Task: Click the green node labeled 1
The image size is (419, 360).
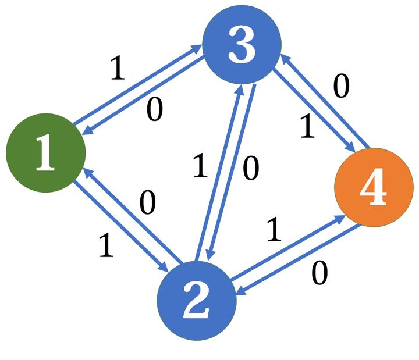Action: (x=45, y=153)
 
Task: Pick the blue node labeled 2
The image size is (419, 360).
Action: (x=197, y=301)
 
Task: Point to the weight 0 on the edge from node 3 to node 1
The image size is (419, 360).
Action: (x=154, y=110)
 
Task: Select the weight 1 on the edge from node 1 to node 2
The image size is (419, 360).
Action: (x=106, y=247)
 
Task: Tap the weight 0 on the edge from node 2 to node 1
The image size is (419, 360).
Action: (x=148, y=204)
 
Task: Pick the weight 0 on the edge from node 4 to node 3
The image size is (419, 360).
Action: (x=342, y=87)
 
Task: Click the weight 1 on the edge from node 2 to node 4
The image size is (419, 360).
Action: (x=274, y=231)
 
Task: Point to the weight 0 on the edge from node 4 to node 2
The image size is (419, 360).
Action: (x=319, y=273)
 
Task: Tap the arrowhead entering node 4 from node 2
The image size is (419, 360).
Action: (x=338, y=219)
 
